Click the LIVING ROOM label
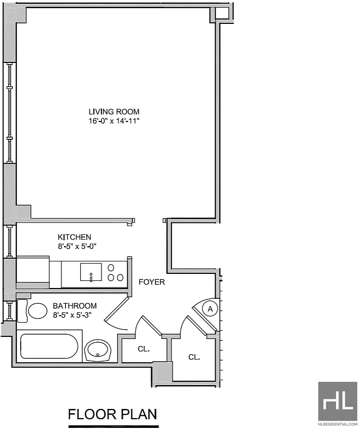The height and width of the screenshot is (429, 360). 114,112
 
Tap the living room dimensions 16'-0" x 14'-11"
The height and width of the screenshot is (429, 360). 114,121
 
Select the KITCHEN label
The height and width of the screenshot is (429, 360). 74,237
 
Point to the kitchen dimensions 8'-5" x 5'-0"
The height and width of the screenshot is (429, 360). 77,246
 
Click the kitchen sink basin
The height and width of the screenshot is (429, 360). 91,272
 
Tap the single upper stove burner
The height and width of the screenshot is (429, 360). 111,267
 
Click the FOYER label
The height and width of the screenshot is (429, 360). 152,282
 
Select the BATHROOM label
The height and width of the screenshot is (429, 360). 75,305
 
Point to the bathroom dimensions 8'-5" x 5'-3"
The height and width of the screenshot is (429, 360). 72,315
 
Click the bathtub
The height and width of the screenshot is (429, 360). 49,346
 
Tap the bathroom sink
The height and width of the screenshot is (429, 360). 98,350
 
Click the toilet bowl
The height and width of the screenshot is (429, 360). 38,311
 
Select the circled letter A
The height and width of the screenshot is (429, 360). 210,309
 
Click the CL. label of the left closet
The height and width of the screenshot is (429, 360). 144,349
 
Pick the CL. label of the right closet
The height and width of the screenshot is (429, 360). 194,357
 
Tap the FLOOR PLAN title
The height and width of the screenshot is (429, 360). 112,414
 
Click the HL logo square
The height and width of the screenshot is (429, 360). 338,401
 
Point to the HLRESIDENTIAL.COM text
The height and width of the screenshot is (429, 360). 338,424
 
